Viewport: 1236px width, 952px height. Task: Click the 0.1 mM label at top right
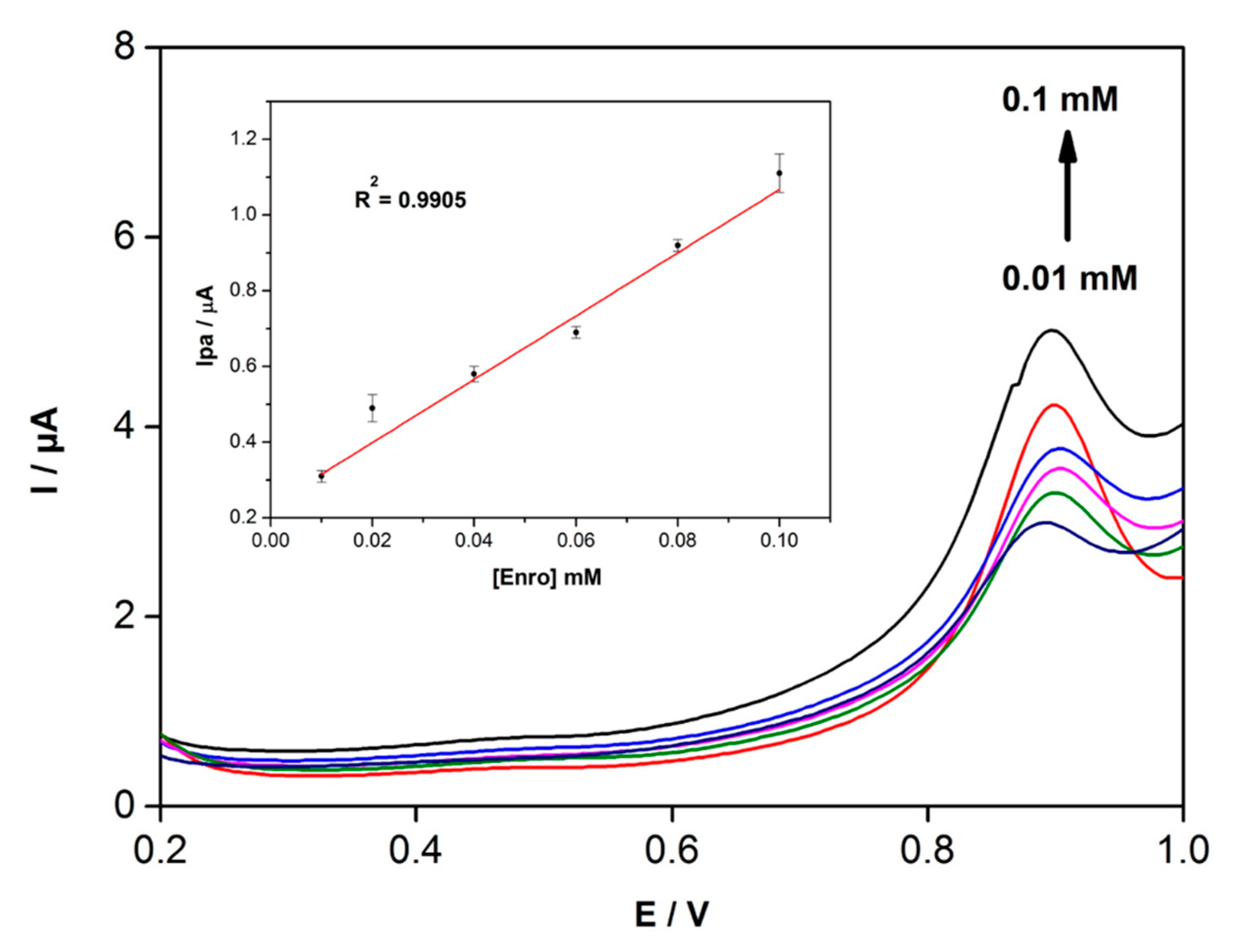[1060, 101]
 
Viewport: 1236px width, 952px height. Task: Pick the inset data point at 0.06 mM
[576, 332]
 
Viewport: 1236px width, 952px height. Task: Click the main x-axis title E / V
[671, 914]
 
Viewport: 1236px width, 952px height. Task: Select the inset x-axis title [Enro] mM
[547, 577]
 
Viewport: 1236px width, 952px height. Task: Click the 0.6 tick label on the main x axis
[671, 850]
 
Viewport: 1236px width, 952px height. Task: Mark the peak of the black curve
[1051, 330]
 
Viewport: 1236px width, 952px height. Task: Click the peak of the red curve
[1053, 404]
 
